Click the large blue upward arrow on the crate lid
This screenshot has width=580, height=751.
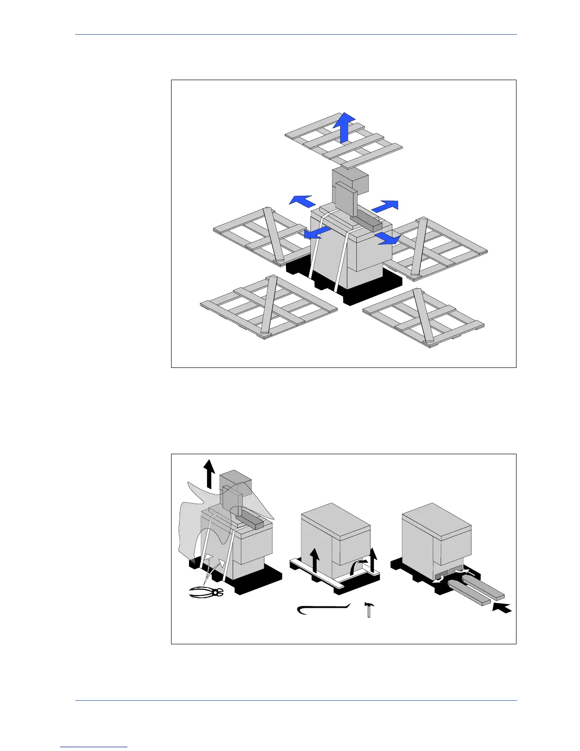click(344, 127)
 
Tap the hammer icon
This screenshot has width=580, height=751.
click(368, 609)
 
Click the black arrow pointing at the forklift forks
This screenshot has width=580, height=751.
click(502, 607)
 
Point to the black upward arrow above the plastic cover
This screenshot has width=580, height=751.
click(209, 474)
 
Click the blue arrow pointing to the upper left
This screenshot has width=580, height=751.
click(301, 201)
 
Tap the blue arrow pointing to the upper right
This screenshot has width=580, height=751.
click(385, 206)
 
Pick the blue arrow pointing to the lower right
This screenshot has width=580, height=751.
click(388, 238)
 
